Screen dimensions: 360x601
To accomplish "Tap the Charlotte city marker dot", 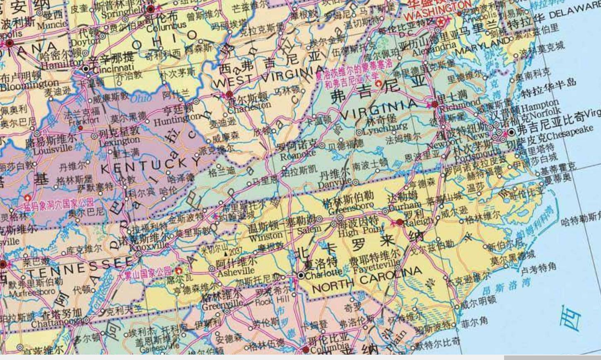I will (x=301, y=275).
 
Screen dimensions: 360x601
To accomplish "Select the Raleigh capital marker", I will (x=400, y=222).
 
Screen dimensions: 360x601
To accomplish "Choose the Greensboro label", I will (x=351, y=206).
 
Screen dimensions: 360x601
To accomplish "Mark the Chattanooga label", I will (x=56, y=322).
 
